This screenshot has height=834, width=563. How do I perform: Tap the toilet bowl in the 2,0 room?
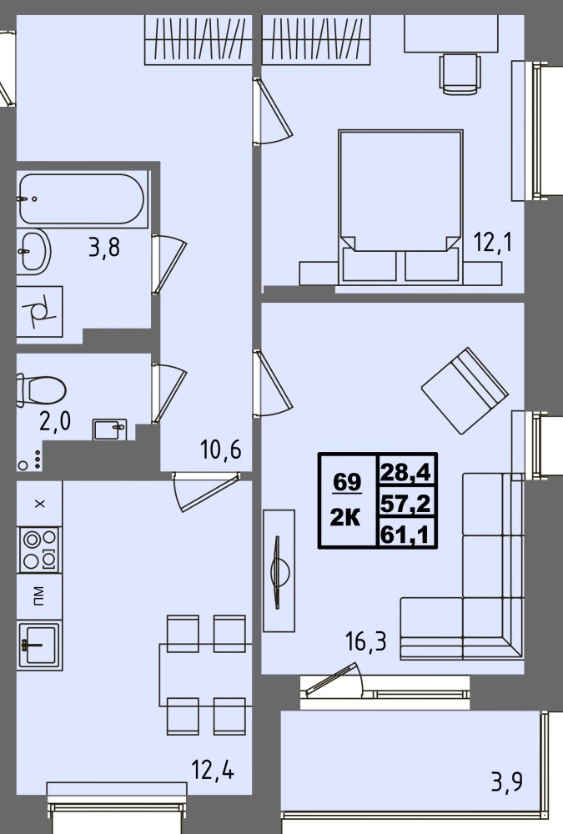pos(42,390)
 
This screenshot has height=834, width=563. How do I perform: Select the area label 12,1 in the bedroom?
pos(493,243)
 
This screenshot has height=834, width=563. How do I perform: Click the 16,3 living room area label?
pos(365,642)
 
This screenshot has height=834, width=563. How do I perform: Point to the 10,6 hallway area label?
pos(221,450)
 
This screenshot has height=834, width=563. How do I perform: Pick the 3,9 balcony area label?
pos(506,782)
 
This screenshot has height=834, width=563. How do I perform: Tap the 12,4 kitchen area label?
pos(213,770)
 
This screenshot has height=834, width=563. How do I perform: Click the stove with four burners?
pos(39,550)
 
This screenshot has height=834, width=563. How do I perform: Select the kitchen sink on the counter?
pos(39,646)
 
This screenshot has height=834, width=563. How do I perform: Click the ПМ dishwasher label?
pos(39,596)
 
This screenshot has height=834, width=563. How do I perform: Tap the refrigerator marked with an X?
pos(39,504)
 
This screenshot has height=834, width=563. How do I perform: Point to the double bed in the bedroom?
pos(400,206)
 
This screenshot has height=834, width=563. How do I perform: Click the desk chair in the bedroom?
pos(460,73)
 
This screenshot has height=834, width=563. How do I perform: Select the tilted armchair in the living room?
pos(465,390)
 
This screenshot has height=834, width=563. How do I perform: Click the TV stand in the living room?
pos(279,570)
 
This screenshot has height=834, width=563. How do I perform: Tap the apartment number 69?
pos(347,482)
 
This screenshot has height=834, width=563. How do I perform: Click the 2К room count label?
pos(345,516)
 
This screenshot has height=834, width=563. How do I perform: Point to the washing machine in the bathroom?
pos(39,312)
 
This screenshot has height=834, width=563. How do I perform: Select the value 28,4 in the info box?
pos(405,472)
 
